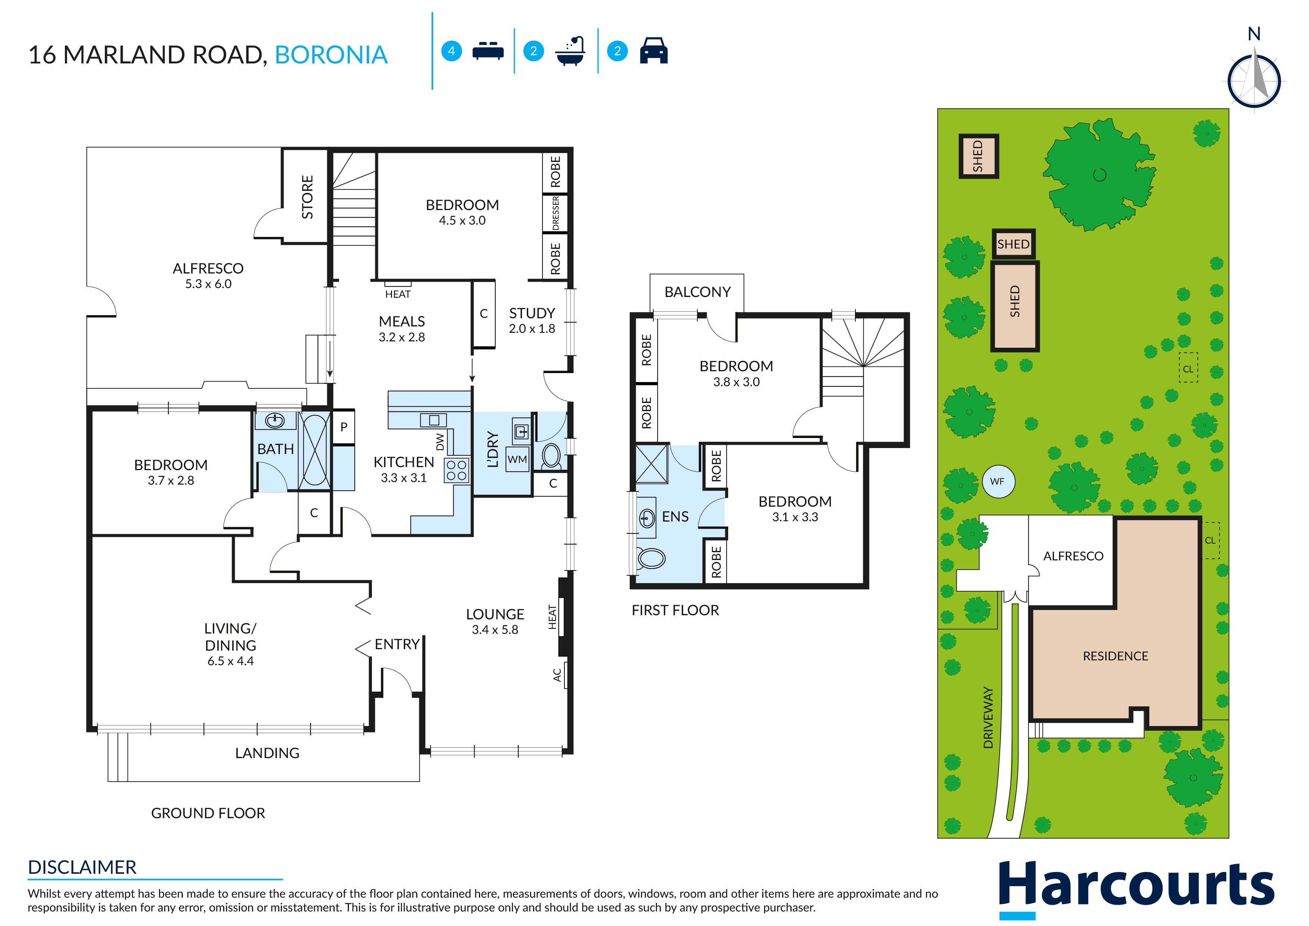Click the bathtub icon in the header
(x=571, y=51)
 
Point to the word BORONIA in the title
(x=331, y=55)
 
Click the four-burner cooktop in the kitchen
(x=456, y=471)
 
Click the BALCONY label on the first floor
(x=697, y=292)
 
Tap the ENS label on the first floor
(x=675, y=517)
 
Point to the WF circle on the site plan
(x=998, y=481)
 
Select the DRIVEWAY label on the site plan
(x=988, y=717)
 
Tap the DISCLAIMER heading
(x=82, y=867)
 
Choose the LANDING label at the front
(x=267, y=753)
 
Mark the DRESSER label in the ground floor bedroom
(x=555, y=213)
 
